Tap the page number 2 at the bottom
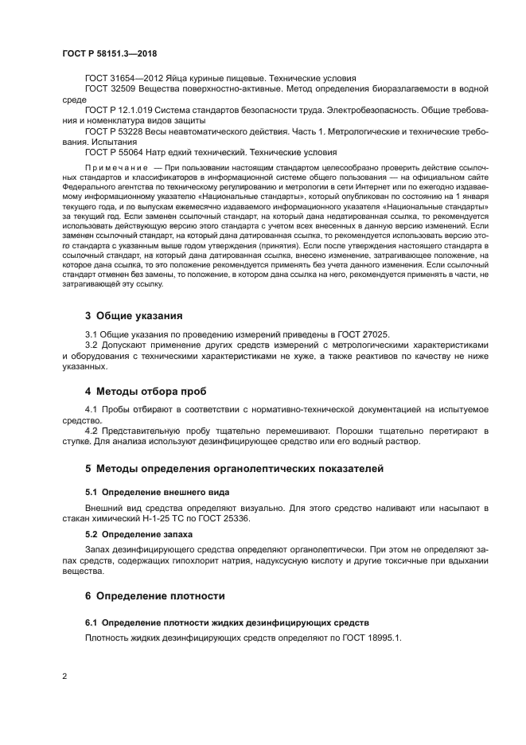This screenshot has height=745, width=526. pos(64,677)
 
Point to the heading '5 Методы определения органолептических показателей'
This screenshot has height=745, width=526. pos(235,467)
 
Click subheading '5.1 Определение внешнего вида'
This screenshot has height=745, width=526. pos(146,490)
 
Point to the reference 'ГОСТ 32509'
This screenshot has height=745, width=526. pos(110,89)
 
